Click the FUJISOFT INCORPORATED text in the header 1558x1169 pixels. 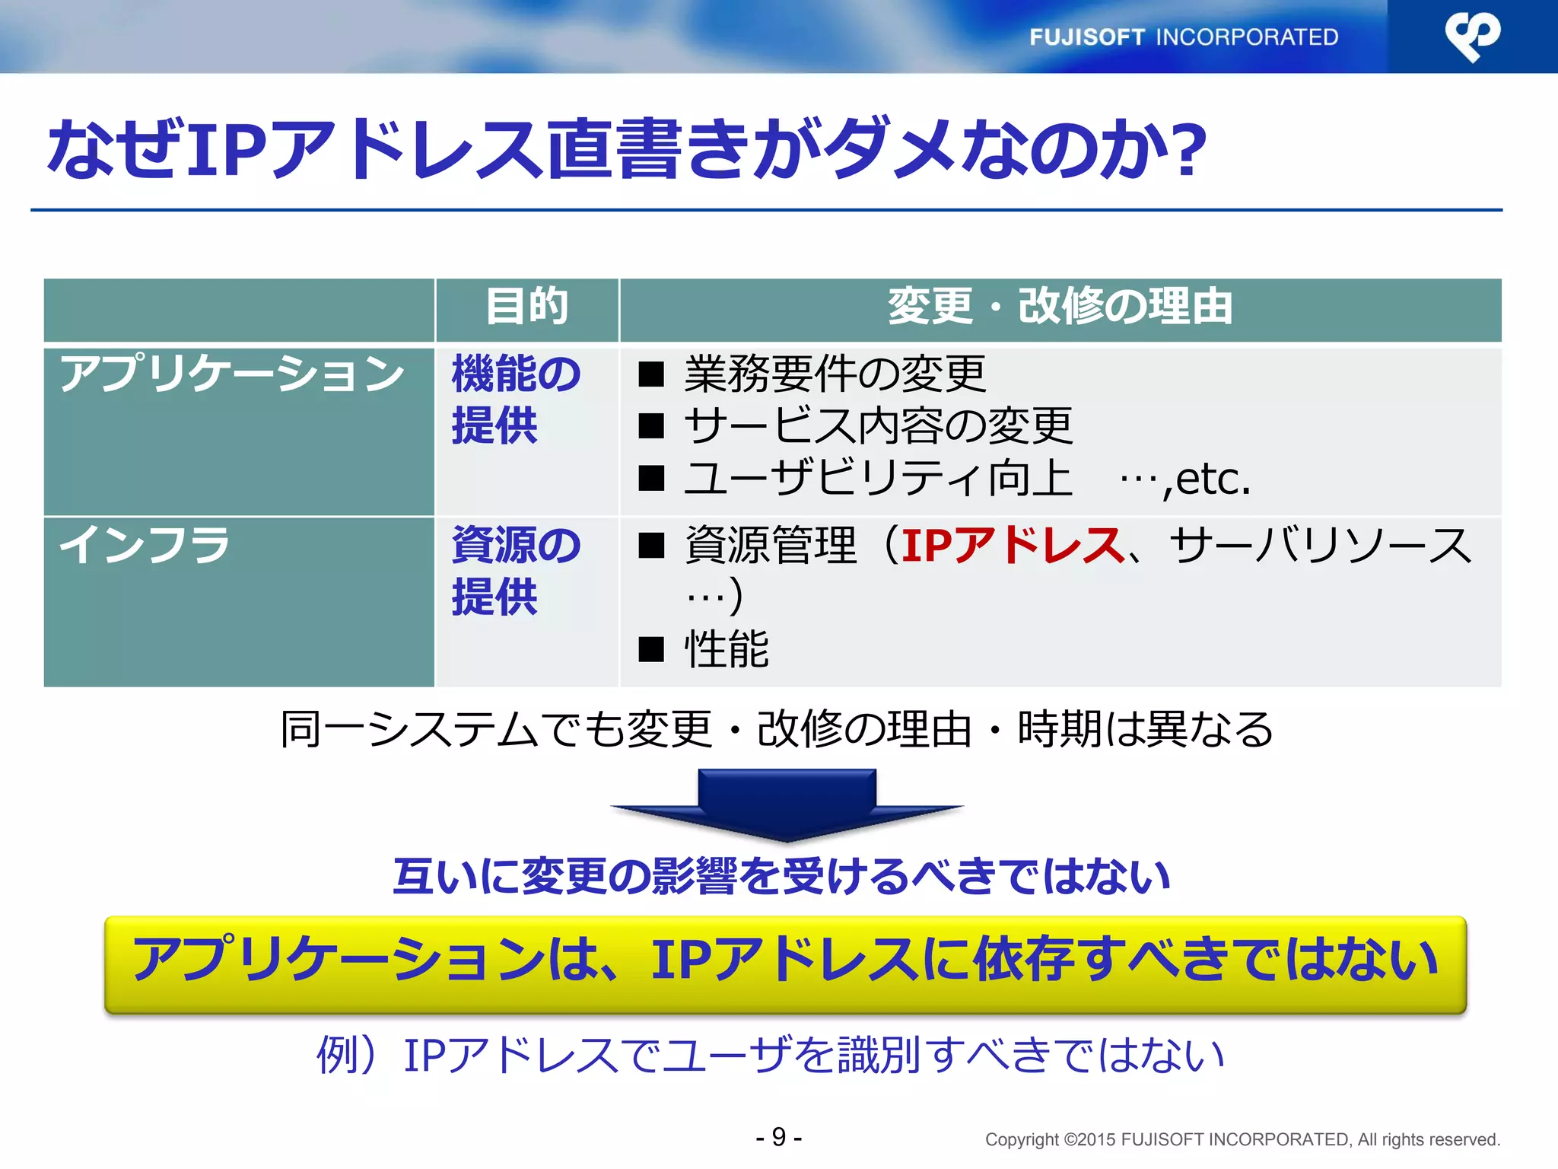pyautogui.click(x=1183, y=37)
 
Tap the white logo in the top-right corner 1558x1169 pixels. pyautogui.click(x=1472, y=36)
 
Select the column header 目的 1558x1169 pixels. pyautogui.click(x=526, y=307)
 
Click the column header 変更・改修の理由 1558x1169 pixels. pyautogui.click(x=1060, y=307)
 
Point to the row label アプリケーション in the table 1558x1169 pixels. pyautogui.click(x=232, y=374)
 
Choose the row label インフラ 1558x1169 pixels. pyautogui.click(x=145, y=546)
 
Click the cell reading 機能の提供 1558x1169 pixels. pyautogui.click(x=516, y=400)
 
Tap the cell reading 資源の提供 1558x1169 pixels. pyautogui.click(x=516, y=571)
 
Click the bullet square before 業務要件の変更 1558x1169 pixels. pyautogui.click(x=651, y=374)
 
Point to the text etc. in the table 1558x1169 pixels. pyautogui.click(x=1213, y=479)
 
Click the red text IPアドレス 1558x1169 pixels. pyautogui.click(x=1012, y=546)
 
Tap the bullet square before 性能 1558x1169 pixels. pyautogui.click(x=651, y=650)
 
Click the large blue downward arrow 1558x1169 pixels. pyautogui.click(x=787, y=803)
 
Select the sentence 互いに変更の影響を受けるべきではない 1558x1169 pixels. pyautogui.click(x=781, y=876)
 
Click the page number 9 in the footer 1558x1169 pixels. pyautogui.click(x=778, y=1137)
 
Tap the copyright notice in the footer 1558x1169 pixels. pyautogui.click(x=1242, y=1139)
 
